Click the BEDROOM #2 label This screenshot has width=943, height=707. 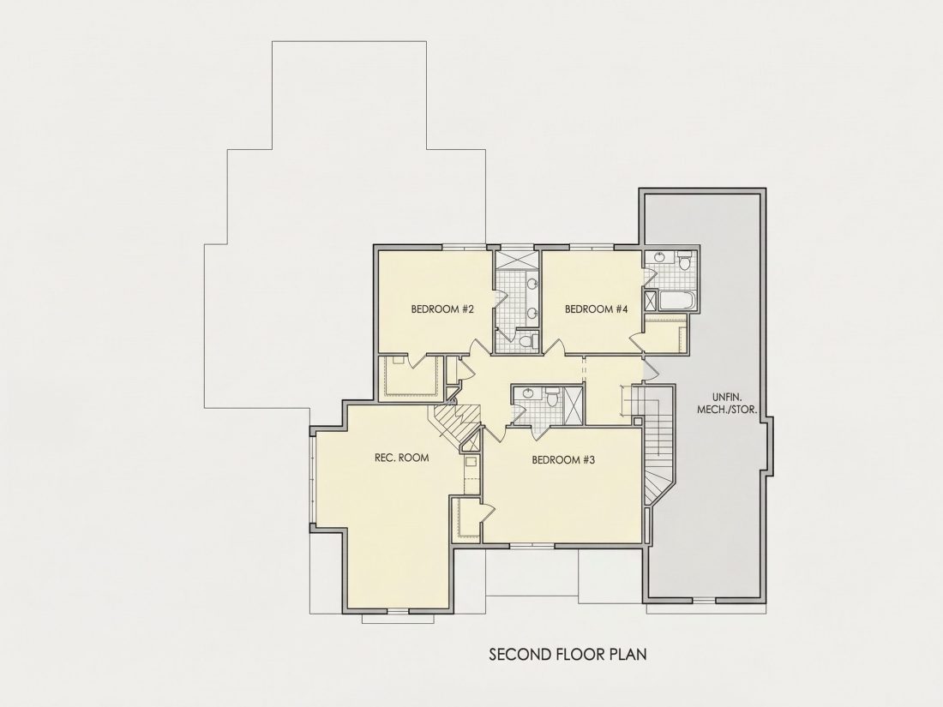[442, 309]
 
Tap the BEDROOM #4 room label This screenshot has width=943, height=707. [597, 309]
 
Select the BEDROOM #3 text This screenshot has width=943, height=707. [563, 460]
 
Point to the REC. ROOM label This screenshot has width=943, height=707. [402, 458]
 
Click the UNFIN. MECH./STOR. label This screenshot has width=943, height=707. [726, 404]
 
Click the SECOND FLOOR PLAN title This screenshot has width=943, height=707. [568, 654]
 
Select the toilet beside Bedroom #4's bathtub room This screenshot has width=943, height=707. [685, 263]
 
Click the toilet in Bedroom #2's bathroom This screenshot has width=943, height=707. [527, 341]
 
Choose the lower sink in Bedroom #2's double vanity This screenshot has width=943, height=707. [532, 313]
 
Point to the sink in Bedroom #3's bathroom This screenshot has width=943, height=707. [528, 394]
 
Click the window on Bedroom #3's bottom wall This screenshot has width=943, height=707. [532, 545]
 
